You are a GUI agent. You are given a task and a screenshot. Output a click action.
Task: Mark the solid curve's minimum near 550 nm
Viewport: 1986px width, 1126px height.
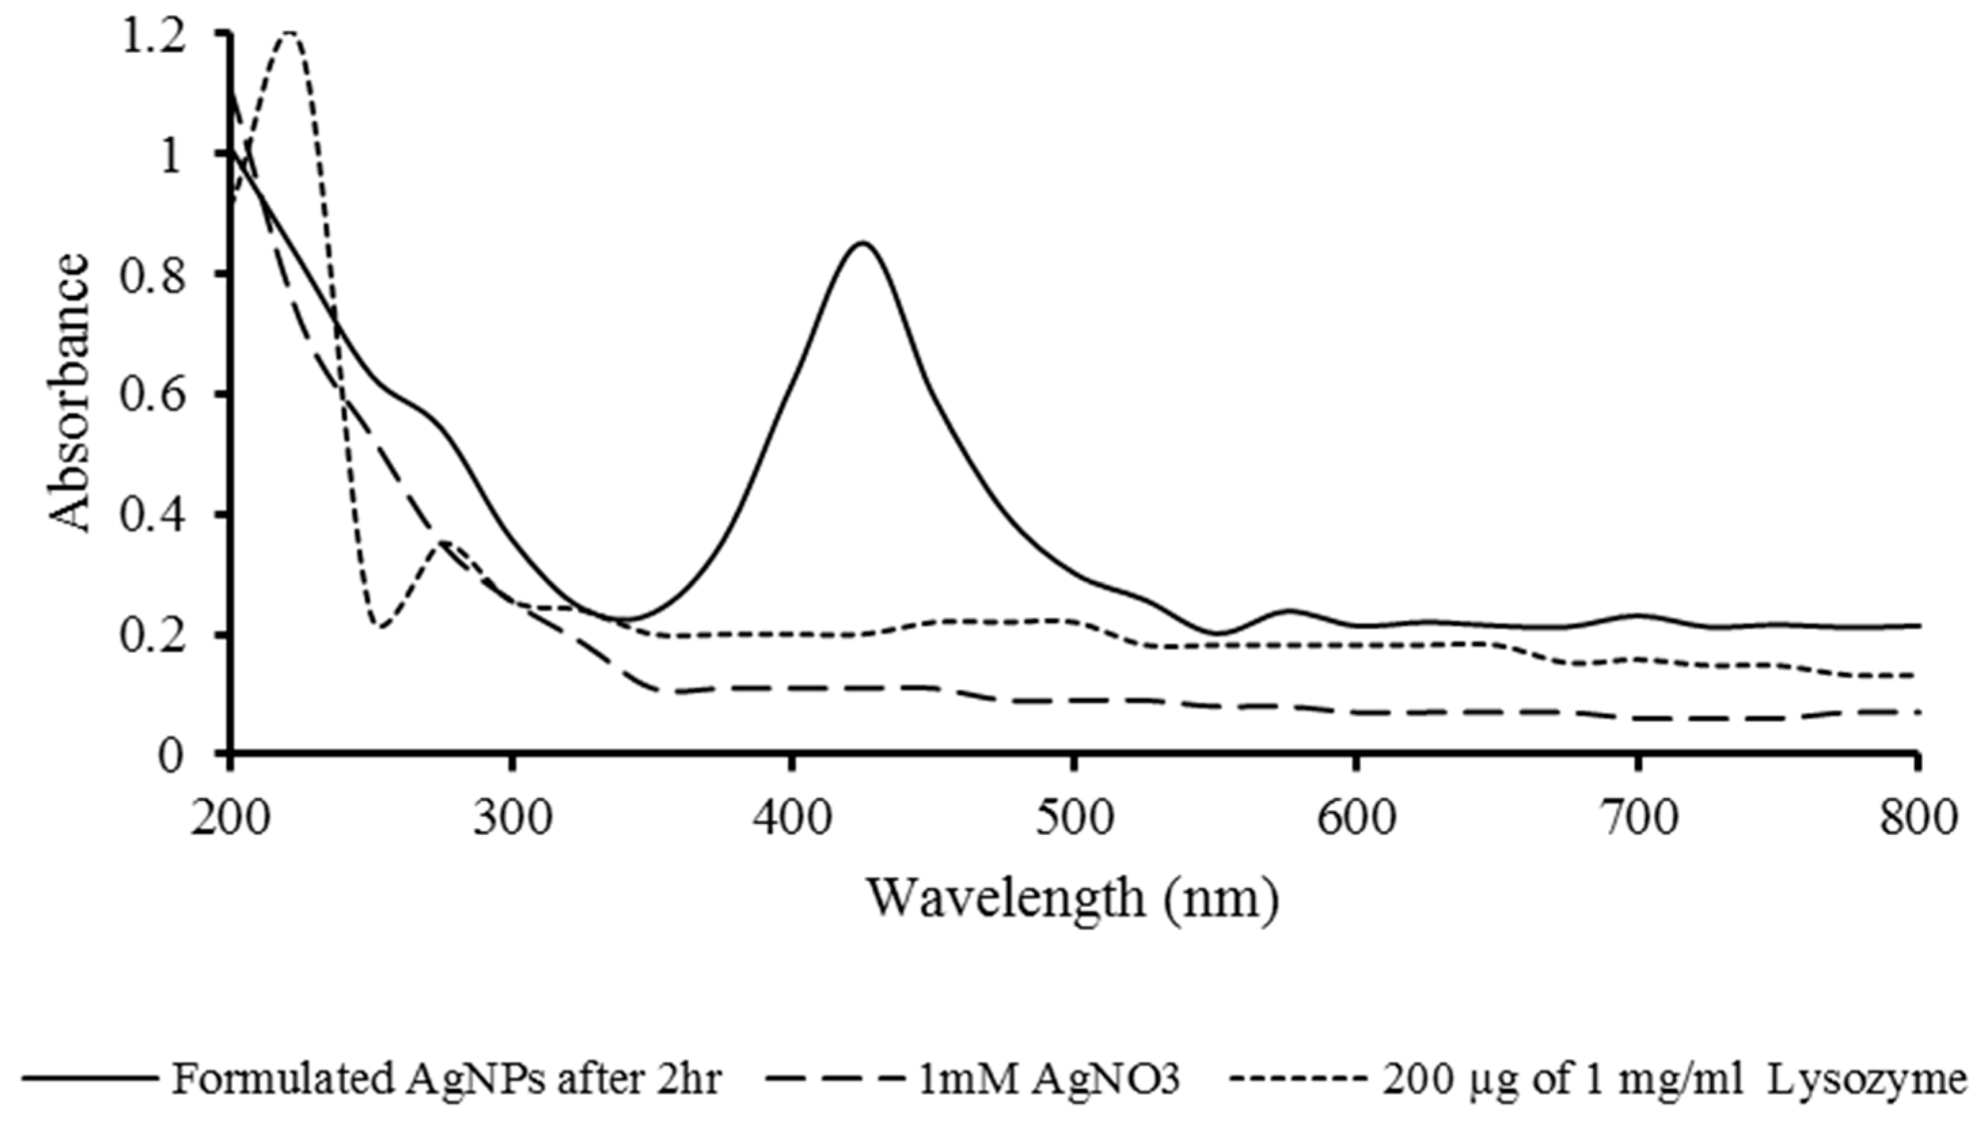pyautogui.click(x=1216, y=633)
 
